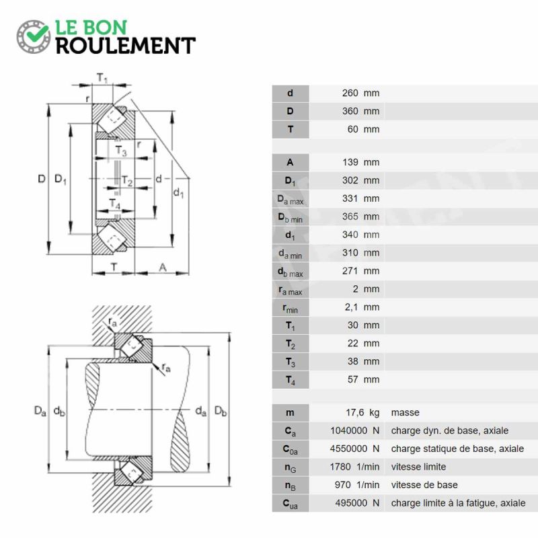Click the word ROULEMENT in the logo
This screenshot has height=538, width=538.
point(126,46)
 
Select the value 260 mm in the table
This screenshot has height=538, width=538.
point(360,93)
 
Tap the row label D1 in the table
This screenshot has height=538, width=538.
point(291,181)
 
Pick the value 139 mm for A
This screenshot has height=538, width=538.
point(360,162)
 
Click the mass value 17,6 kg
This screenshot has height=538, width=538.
point(362,412)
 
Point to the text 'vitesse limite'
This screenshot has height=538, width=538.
point(418,467)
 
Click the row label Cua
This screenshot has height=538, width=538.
point(291,503)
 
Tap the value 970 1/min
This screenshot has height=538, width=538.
point(357,485)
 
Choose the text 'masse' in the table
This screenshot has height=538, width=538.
point(406,412)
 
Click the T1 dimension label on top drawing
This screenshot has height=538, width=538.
point(102,78)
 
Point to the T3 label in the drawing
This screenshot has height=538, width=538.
point(121,151)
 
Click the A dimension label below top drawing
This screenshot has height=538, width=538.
point(163,267)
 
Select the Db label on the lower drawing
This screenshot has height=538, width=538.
point(221,411)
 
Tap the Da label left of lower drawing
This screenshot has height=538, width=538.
point(40,411)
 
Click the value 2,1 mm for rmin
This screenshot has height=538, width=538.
point(362,307)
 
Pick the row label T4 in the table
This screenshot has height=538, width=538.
point(291,380)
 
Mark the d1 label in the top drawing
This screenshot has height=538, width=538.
point(178,193)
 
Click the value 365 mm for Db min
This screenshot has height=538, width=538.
point(360,217)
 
